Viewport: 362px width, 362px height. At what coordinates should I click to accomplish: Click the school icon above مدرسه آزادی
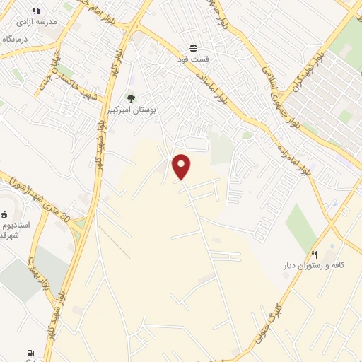pos(36,11)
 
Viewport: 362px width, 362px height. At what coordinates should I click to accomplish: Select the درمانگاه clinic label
pos(16,38)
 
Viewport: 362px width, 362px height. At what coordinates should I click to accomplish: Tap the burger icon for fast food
pos(193,48)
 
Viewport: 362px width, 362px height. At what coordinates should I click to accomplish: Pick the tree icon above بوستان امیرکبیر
pos(130,98)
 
